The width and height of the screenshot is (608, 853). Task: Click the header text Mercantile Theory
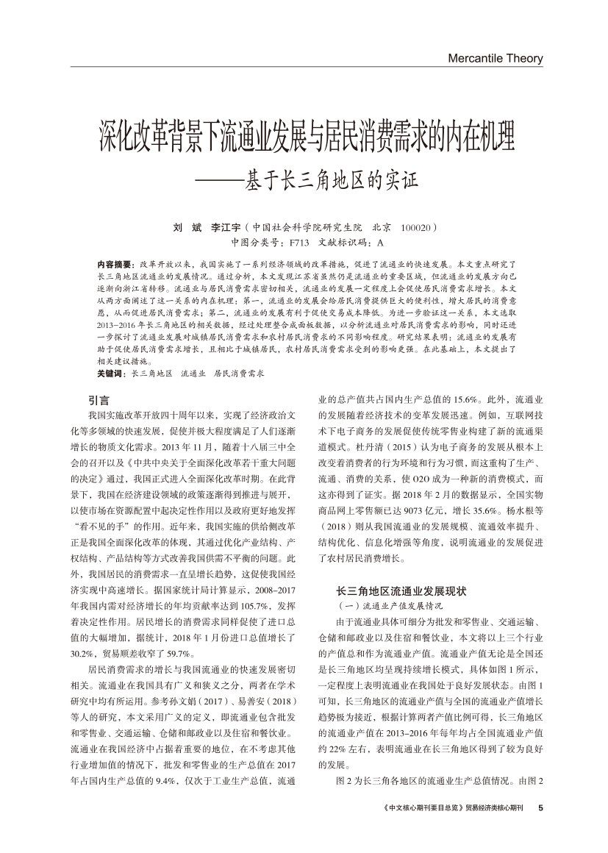pyautogui.click(x=495, y=59)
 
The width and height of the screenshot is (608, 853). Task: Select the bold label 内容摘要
pyautogui.click(x=114, y=263)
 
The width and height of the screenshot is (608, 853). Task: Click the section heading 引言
pyautogui.click(x=99, y=400)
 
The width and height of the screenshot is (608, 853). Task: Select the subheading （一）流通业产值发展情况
pyautogui.click(x=389, y=605)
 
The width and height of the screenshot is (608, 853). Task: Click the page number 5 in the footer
pyautogui.click(x=540, y=807)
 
